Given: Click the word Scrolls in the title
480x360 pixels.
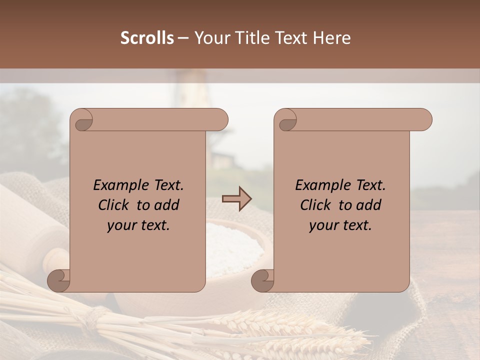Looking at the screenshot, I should point(147,38).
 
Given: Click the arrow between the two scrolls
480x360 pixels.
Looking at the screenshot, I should point(237,199).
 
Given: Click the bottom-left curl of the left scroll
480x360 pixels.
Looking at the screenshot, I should point(57,280).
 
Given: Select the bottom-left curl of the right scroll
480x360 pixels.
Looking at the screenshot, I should point(261,280).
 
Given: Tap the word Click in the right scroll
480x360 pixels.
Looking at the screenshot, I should point(315,205).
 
